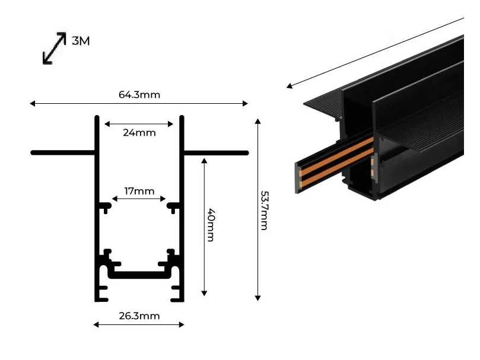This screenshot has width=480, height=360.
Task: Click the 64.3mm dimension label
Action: pyautogui.click(x=139, y=94)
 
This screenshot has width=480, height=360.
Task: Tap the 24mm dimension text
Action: pyautogui.click(x=139, y=132)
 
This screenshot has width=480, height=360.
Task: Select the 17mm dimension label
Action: pyautogui.click(x=139, y=191)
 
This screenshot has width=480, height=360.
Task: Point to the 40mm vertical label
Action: pyautogui.click(x=211, y=225)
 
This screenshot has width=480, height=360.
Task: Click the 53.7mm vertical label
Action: pyautogui.click(x=264, y=211)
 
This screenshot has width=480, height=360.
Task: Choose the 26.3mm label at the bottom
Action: pyautogui.click(x=139, y=316)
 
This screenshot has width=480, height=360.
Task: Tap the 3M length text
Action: pyautogui.click(x=81, y=41)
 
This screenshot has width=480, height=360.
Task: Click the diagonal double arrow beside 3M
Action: pyautogui.click(x=54, y=48)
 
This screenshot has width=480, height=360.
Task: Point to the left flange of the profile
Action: pyautogui.click(x=63, y=152)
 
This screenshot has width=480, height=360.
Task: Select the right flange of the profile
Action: pyautogui.click(x=215, y=153)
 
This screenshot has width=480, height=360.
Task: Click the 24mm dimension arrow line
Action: pyautogui.click(x=139, y=124)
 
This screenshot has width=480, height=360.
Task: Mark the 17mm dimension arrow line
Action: pyautogui.click(x=139, y=199)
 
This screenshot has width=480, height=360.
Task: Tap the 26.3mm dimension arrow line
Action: pyautogui.click(x=139, y=324)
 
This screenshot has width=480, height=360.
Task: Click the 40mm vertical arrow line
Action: pyautogui.click(x=204, y=227)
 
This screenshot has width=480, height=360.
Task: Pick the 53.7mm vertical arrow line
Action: pyautogui.click(x=258, y=210)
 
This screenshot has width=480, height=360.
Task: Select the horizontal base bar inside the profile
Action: pyautogui.click(x=139, y=275)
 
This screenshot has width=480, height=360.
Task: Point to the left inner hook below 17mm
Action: pyautogui.click(x=105, y=207)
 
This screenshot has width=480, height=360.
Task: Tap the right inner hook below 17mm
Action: pyautogui.click(x=174, y=207)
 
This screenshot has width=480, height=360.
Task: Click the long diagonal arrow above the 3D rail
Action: pyautogui.click(x=375, y=53)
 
